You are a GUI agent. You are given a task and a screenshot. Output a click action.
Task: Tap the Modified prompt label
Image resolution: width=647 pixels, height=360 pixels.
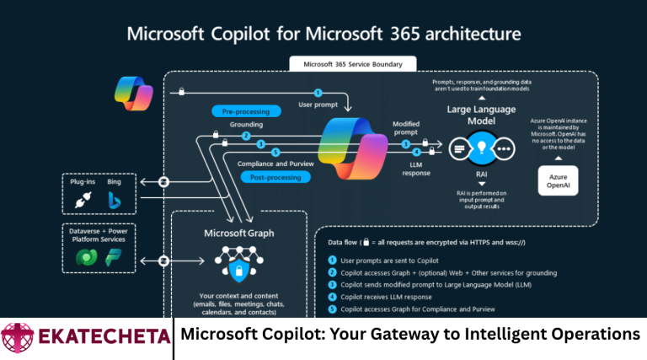(407, 129)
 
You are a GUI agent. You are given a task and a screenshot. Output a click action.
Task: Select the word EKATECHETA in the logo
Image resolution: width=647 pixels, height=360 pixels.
(100, 336)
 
